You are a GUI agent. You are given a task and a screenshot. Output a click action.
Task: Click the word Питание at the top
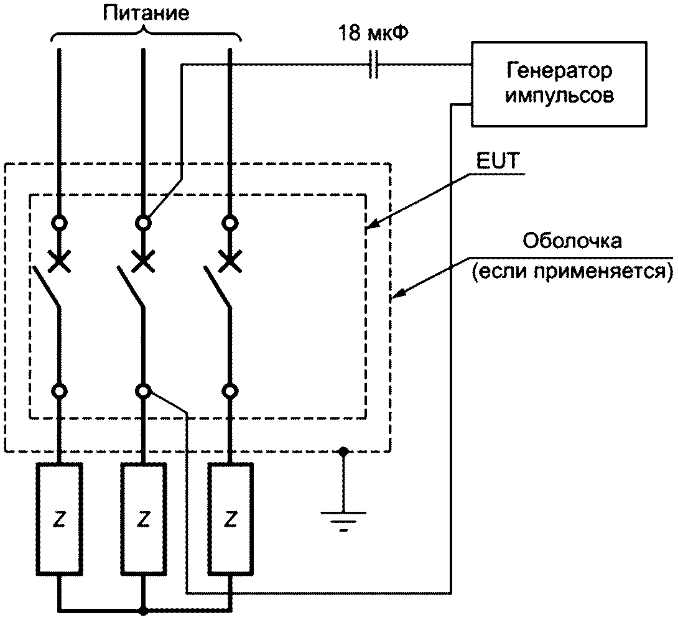[x=146, y=13]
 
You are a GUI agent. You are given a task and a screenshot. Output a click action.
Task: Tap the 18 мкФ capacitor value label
[x=373, y=33]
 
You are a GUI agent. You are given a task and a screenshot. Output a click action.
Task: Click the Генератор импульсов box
[x=559, y=84]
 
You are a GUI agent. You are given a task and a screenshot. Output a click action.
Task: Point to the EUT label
[x=497, y=161]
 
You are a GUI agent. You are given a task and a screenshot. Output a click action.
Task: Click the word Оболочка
[x=572, y=241]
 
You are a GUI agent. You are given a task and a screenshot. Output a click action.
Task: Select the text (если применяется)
[x=572, y=272]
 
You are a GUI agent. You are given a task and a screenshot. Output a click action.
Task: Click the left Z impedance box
[x=59, y=519]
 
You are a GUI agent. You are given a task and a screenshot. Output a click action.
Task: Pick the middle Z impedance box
[x=143, y=519]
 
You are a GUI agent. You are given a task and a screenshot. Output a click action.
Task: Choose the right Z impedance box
[x=231, y=519]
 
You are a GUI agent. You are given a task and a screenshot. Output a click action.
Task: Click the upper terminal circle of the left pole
[x=59, y=223]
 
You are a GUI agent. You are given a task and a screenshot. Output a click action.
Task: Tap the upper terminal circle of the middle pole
[x=143, y=223]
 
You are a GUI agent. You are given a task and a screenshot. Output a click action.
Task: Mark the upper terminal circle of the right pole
[x=230, y=223]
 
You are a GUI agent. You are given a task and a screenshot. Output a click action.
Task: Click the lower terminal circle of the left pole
[x=59, y=391]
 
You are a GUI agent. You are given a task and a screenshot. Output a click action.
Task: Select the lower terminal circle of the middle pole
[x=143, y=391]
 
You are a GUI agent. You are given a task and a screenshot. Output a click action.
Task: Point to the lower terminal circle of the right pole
[x=230, y=391]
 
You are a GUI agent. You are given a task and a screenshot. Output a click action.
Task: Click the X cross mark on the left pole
[x=59, y=261]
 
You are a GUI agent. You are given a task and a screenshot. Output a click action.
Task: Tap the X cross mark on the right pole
[x=230, y=261]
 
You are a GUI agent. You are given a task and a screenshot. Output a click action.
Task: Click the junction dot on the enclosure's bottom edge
[x=343, y=452]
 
